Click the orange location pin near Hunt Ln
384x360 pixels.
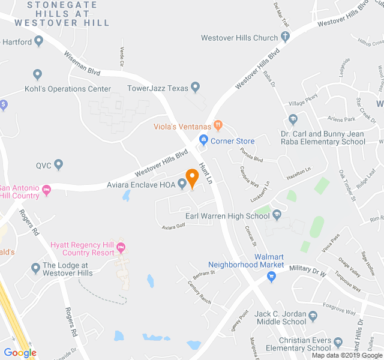point(192,177)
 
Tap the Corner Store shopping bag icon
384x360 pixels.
point(204,140)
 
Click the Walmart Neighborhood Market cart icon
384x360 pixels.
point(271,277)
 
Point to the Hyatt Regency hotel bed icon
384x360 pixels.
point(121,247)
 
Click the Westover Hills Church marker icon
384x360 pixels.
point(286,37)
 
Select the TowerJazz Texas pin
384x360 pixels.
point(194,87)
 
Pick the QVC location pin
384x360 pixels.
point(58,164)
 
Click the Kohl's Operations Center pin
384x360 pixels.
point(37,75)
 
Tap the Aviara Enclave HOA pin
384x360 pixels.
point(182,184)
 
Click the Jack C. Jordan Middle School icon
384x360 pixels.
point(312,316)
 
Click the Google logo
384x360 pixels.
point(20,353)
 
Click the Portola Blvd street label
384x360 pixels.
point(251,155)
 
